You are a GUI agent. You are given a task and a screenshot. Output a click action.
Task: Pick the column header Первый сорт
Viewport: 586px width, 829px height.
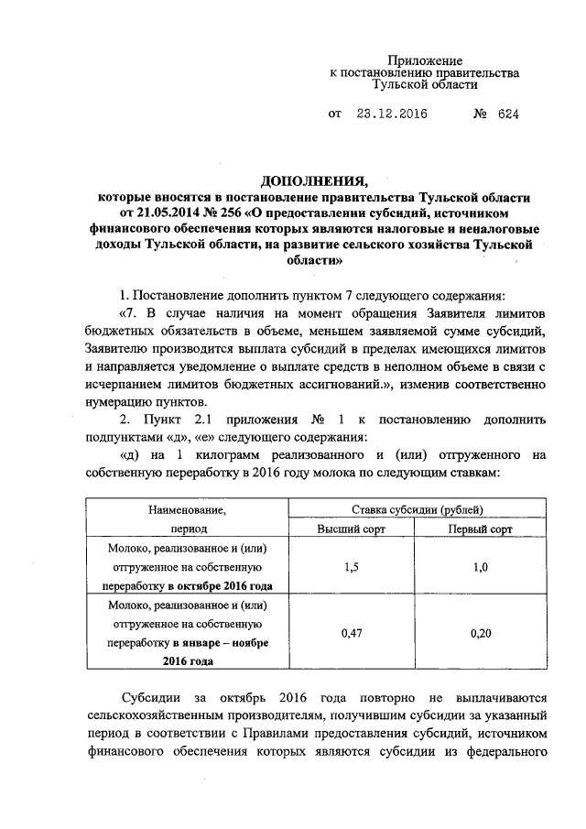(480, 529)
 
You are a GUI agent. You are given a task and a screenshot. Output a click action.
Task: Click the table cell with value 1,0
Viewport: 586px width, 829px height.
(480, 567)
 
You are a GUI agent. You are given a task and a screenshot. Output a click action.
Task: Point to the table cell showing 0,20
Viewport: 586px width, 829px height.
(480, 632)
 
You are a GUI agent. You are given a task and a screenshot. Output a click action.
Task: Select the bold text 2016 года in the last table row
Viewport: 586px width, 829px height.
(188, 660)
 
